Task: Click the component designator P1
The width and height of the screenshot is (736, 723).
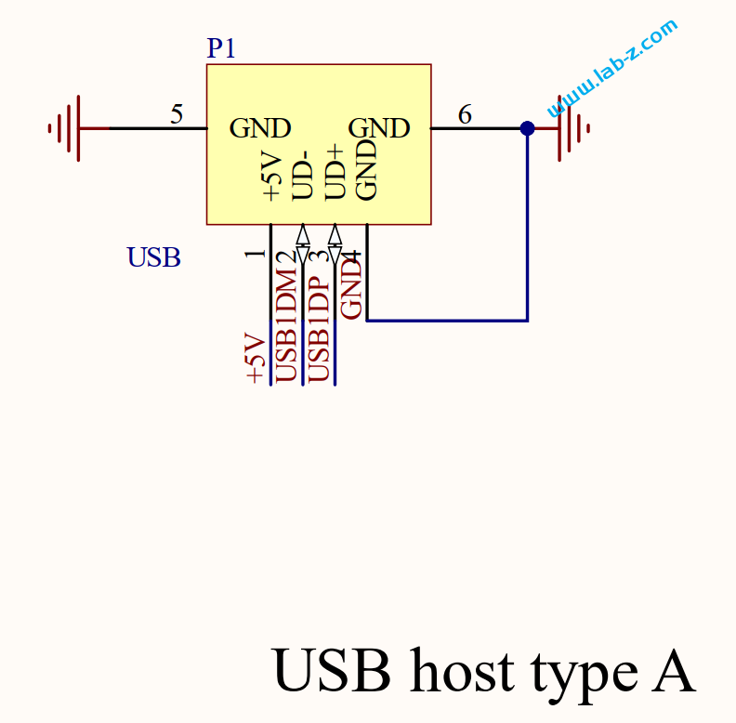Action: [x=220, y=48]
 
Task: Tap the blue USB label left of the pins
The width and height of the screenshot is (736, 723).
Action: [x=153, y=257]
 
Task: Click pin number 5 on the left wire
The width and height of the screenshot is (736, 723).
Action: [x=177, y=114]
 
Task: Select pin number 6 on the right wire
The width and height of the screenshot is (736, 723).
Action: [x=465, y=114]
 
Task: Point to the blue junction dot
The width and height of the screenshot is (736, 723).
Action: [x=527, y=128]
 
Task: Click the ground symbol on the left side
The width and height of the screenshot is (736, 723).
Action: [x=71, y=128]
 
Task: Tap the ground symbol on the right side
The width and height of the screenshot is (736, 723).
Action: [x=568, y=128]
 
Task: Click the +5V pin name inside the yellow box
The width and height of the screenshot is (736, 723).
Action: [x=272, y=177]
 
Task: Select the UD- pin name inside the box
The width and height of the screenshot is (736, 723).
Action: [x=303, y=175]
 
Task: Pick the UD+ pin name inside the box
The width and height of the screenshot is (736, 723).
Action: [x=335, y=172]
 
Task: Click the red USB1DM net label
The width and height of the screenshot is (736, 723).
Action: [x=286, y=325]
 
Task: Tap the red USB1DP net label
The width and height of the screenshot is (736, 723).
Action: [x=319, y=328]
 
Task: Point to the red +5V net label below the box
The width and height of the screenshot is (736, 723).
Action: [x=256, y=358]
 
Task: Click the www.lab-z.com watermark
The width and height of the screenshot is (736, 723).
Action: [x=612, y=68]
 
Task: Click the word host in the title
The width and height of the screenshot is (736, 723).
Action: [x=462, y=670]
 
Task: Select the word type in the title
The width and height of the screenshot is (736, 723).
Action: [x=584, y=676]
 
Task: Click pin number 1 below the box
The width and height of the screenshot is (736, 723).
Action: [x=256, y=254]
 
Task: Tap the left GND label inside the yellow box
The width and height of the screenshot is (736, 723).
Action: [x=260, y=128]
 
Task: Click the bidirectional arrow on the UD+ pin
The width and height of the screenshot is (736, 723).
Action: [x=335, y=244]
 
